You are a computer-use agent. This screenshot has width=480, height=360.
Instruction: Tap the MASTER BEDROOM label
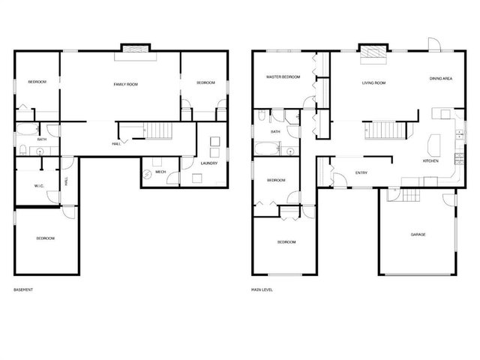[x=283, y=77]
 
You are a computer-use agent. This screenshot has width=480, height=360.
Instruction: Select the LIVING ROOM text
[x=373, y=82]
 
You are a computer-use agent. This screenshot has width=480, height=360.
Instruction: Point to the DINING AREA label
[x=440, y=78]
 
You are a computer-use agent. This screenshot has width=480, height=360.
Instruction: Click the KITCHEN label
[x=430, y=161]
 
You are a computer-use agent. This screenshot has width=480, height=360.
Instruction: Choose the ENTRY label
[x=361, y=173]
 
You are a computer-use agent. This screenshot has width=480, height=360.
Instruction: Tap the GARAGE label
[x=418, y=235]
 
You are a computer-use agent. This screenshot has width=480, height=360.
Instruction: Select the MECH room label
[x=160, y=172]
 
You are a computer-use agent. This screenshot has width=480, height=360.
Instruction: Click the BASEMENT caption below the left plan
[x=23, y=289]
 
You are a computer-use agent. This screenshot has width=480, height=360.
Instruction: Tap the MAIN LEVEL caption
[x=262, y=289]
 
